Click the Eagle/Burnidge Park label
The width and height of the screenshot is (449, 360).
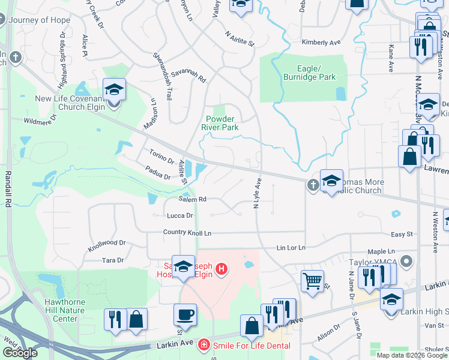click(x=309, y=73)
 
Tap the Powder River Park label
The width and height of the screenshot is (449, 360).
click(x=222, y=123)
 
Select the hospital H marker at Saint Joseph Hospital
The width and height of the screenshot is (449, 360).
click(x=221, y=268)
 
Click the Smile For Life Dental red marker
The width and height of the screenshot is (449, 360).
click(x=204, y=345)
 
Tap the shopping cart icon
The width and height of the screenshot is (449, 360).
click(x=312, y=280)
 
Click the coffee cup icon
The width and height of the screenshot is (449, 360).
click(x=185, y=314)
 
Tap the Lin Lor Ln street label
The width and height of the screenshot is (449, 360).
click(x=291, y=247)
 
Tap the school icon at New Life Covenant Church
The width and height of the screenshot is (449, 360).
click(x=114, y=90)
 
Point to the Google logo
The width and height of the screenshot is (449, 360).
click(x=20, y=352)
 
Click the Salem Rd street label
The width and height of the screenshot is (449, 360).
click(x=192, y=199)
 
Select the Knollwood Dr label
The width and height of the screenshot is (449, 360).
click(x=106, y=244)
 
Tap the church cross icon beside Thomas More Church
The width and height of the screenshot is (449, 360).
click(x=313, y=185)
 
